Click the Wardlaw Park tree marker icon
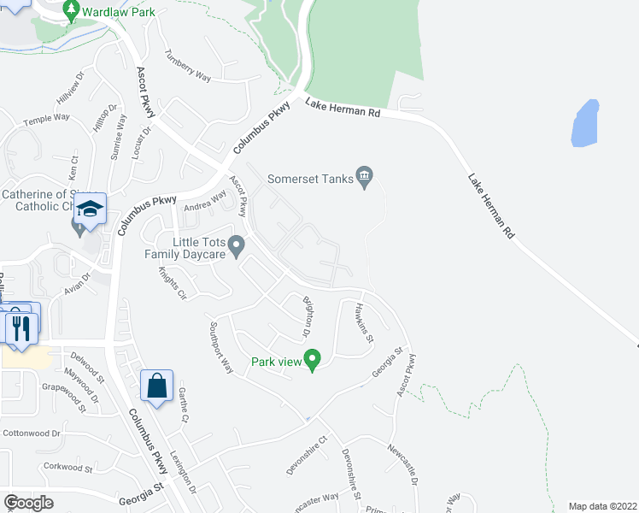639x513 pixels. pos(71,11)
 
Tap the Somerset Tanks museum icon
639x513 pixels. pos(365,178)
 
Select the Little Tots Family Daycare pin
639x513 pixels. pos(238,247)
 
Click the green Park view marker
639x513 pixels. pos(313,360)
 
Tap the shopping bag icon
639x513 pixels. pos(157,385)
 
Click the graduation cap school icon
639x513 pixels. pos(89,208)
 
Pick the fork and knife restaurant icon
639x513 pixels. pos(20,326)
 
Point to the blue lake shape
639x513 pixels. pos(584,124)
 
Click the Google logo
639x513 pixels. pos(28,503)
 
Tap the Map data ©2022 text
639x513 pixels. pos(603,506)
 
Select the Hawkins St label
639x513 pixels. pos(366,323)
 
